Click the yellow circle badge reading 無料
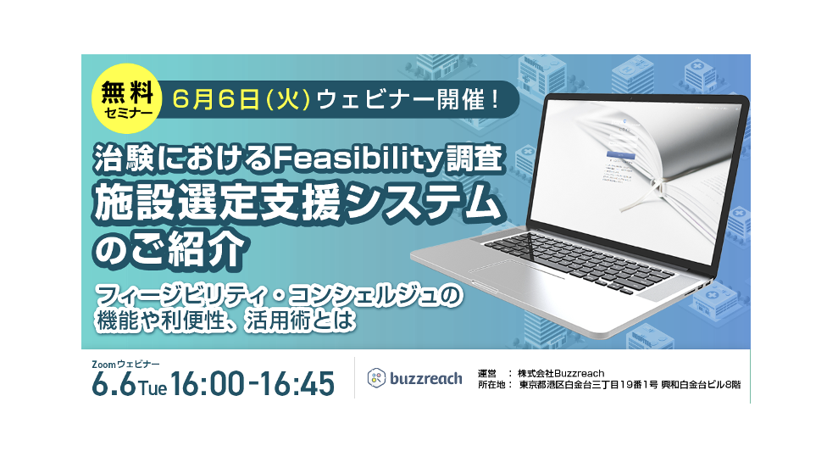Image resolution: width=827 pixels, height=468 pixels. click(x=126, y=98)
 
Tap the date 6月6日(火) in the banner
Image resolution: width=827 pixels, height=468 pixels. click(x=241, y=99)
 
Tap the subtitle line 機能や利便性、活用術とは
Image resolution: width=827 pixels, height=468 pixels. click(x=225, y=320)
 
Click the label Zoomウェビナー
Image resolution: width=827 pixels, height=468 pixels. click(x=125, y=364)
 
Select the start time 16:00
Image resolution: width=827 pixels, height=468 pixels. click(x=208, y=384)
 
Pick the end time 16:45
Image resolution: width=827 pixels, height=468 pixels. click(x=297, y=384)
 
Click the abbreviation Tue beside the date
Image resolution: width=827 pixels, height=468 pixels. click(x=153, y=388)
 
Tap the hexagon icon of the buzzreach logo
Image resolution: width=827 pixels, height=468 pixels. click(x=376, y=378)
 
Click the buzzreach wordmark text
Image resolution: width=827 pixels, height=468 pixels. click(x=426, y=378)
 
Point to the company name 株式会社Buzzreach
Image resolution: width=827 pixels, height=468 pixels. click(x=561, y=374)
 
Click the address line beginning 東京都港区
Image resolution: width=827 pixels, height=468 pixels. click(x=630, y=385)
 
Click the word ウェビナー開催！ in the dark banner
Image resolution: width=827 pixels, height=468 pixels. click(x=408, y=99)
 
